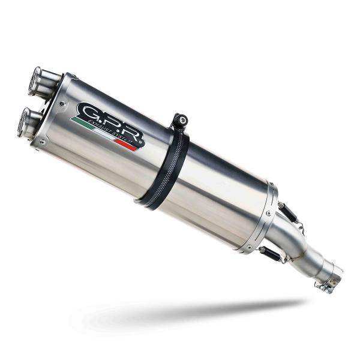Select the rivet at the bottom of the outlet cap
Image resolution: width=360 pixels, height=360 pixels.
point(42,142)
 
